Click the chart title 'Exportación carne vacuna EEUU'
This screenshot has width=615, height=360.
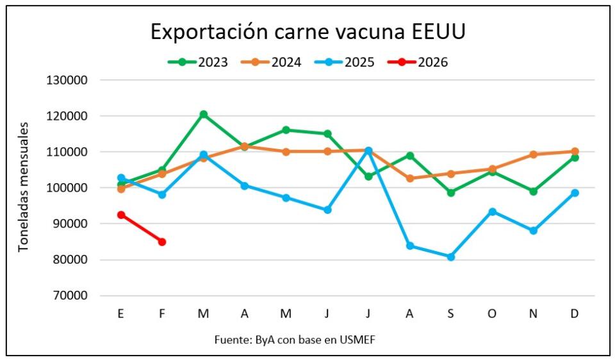(307, 31)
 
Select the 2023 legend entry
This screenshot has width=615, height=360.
(198, 62)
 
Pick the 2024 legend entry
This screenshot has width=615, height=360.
(271, 62)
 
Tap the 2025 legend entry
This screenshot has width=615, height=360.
(345, 62)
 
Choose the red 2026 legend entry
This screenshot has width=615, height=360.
(418, 62)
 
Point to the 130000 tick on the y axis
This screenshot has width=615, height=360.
(72, 81)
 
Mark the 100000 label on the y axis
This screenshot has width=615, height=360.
(72, 188)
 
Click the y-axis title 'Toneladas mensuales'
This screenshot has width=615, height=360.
(23, 187)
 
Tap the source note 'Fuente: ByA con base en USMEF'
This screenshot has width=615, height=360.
(295, 340)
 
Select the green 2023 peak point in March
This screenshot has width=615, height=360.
(204, 115)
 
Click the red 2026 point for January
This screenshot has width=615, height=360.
(121, 215)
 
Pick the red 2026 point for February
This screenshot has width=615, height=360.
(162, 242)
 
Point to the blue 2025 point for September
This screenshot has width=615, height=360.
(451, 257)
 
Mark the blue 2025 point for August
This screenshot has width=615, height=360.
(410, 246)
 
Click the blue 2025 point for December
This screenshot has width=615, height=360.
(575, 193)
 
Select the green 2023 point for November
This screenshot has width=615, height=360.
(534, 192)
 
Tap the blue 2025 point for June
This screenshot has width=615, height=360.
(327, 210)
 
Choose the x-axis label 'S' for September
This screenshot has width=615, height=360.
(451, 313)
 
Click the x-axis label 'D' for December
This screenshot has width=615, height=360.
(575, 313)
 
